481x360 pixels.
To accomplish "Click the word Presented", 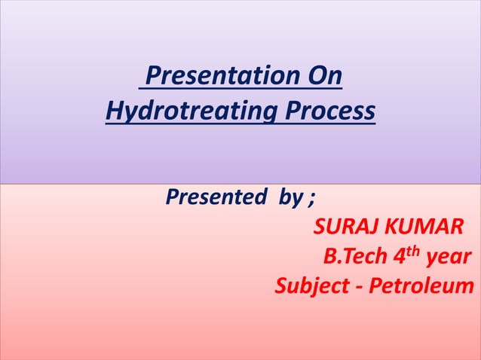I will click(214, 198).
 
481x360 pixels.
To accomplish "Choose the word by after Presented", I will click(291, 199).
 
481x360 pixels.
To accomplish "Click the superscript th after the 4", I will click(415, 251).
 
